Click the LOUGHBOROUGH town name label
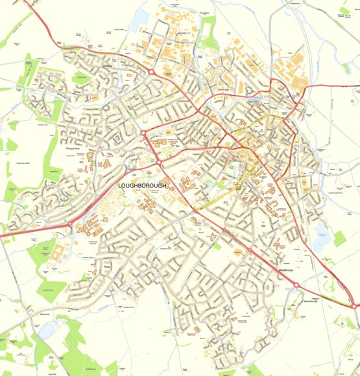(143, 186)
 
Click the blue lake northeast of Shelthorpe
(322, 240)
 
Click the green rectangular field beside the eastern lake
(340, 239)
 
